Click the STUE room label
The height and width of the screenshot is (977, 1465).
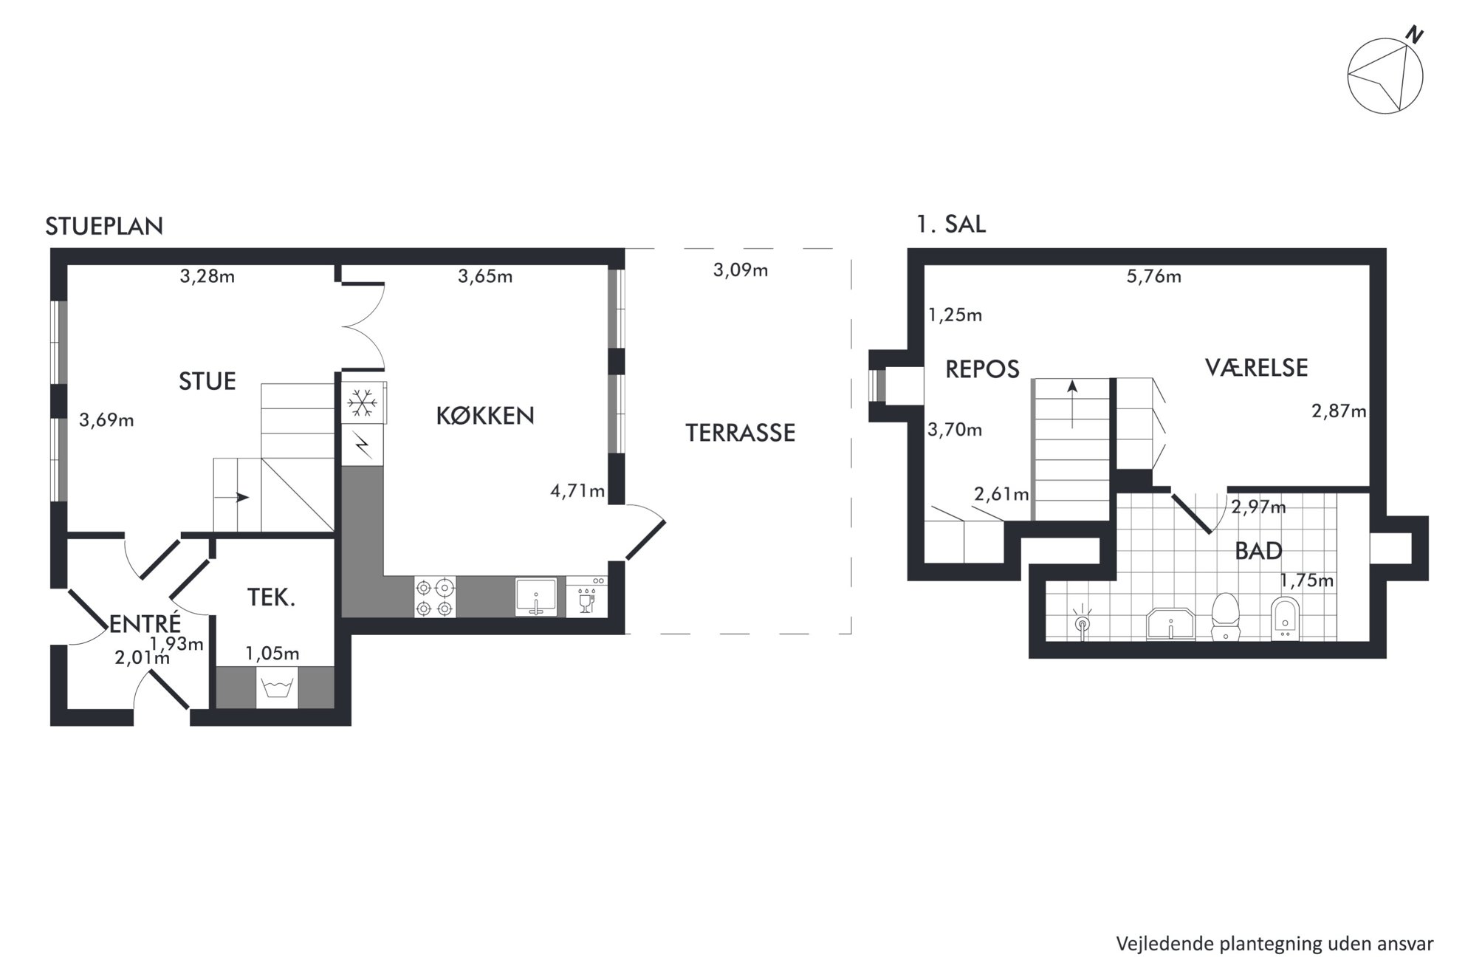[x=207, y=381]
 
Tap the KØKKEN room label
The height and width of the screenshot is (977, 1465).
[x=485, y=416]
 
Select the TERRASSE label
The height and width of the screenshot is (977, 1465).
[x=741, y=433]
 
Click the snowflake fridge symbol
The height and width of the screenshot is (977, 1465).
[x=363, y=402]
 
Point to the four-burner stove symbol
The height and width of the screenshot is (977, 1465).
[x=435, y=597]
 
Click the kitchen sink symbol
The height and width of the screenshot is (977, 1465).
[x=536, y=597]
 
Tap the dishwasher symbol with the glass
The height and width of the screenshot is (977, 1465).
[x=587, y=597]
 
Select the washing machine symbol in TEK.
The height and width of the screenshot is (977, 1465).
[x=277, y=688]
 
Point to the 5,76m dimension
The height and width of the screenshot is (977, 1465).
[x=1154, y=276]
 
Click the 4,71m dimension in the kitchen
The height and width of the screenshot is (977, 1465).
[x=577, y=491]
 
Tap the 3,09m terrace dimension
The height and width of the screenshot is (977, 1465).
[x=741, y=270]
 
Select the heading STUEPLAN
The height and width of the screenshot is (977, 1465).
[x=104, y=226]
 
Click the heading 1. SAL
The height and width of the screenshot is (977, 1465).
[x=951, y=224]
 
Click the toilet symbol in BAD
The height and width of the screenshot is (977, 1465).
[x=1226, y=616]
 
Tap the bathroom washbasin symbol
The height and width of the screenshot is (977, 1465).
[x=1170, y=624]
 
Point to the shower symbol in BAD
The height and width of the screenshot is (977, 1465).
[x=1083, y=623]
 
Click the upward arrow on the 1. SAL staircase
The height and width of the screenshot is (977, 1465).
[x=1072, y=404]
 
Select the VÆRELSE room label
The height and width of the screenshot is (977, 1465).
[x=1257, y=368]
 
